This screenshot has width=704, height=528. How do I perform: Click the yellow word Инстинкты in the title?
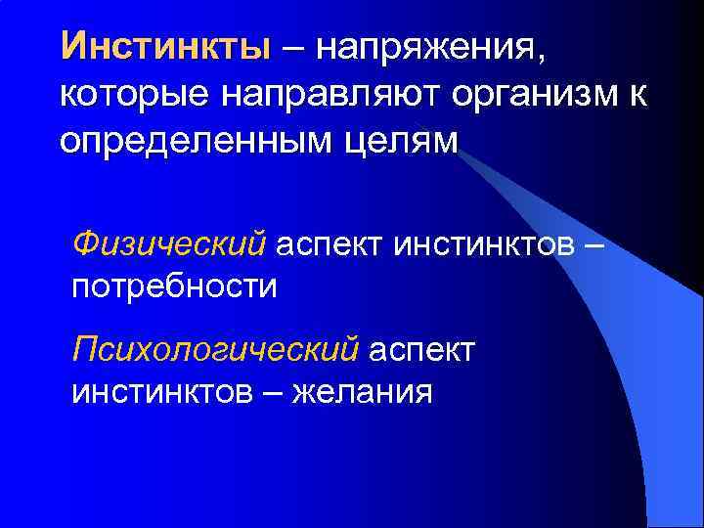164,46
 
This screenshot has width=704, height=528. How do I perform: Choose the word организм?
534,95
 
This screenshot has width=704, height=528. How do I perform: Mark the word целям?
403,143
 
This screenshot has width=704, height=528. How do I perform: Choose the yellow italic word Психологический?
216,349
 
